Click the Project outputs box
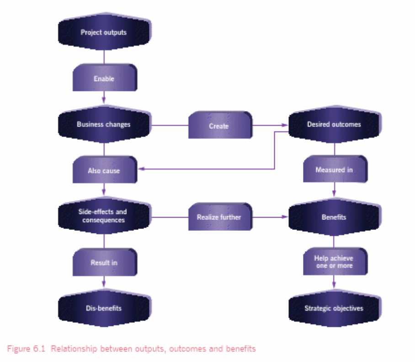pyautogui.click(x=104, y=32)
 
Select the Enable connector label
pyautogui.click(x=104, y=79)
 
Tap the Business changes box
pyautogui.click(x=104, y=124)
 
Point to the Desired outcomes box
pyautogui.click(x=334, y=124)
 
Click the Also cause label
pyautogui.click(x=104, y=170)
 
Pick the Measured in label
pyautogui.click(x=334, y=170)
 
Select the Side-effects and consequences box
pyautogui.click(x=104, y=216)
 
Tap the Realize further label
pyautogui.click(x=219, y=217)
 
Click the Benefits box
pyautogui.click(x=334, y=217)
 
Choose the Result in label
pyautogui.click(x=104, y=262)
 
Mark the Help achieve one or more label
pyautogui.click(x=334, y=262)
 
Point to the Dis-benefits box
pyautogui.click(x=104, y=308)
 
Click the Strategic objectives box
pyautogui.click(x=334, y=308)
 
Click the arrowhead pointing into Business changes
pyautogui.click(x=104, y=100)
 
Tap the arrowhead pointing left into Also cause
pyautogui.click(x=141, y=169)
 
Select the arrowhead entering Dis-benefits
pyautogui.click(x=104, y=284)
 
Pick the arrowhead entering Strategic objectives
pyautogui.click(x=334, y=284)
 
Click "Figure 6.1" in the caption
pyautogui.click(x=27, y=349)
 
